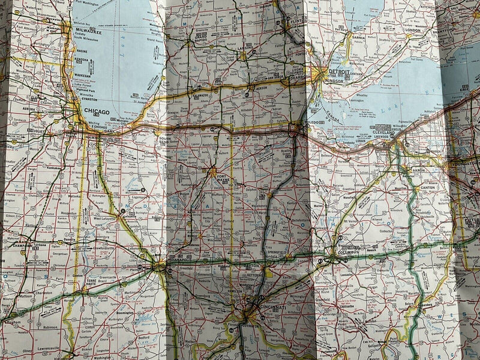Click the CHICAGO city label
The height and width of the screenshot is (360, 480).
tap(97, 112)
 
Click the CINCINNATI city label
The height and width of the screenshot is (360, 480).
tap(266, 306)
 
